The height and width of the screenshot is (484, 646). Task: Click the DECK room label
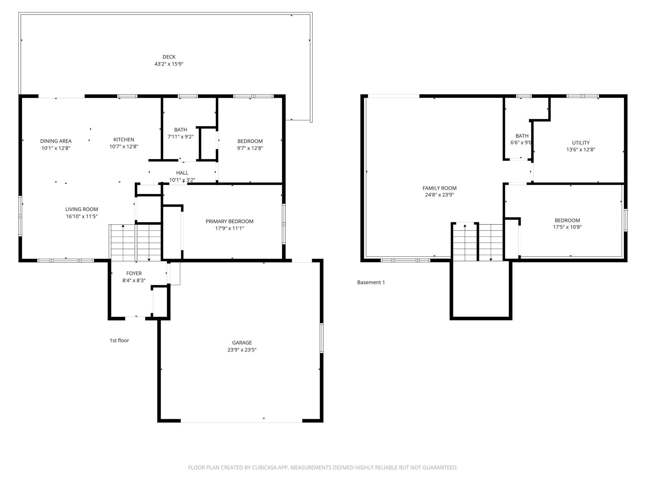[169, 57]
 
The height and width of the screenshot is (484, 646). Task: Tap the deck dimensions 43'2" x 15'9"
[169, 64]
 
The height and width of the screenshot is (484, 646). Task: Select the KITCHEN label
[124, 140]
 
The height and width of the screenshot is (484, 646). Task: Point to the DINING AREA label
[56, 141]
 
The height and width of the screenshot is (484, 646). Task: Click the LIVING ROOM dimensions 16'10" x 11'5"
[82, 216]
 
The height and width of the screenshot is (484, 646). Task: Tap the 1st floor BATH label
[180, 130]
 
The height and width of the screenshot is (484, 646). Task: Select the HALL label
[182, 173]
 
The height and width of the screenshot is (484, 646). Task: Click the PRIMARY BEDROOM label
[230, 221]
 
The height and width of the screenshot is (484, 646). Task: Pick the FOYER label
[134, 273]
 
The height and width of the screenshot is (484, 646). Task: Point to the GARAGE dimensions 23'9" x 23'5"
[242, 350]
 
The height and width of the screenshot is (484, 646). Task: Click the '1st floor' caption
[119, 340]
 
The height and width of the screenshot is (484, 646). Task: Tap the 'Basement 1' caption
[371, 282]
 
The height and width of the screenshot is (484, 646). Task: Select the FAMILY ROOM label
[439, 188]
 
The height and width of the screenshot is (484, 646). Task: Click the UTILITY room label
[580, 143]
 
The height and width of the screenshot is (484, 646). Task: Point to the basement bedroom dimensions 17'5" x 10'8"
[567, 227]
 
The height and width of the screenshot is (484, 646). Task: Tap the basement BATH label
[522, 136]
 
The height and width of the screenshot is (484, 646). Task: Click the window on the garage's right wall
[321, 338]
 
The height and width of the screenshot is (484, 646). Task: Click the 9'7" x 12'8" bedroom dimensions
[250, 148]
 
